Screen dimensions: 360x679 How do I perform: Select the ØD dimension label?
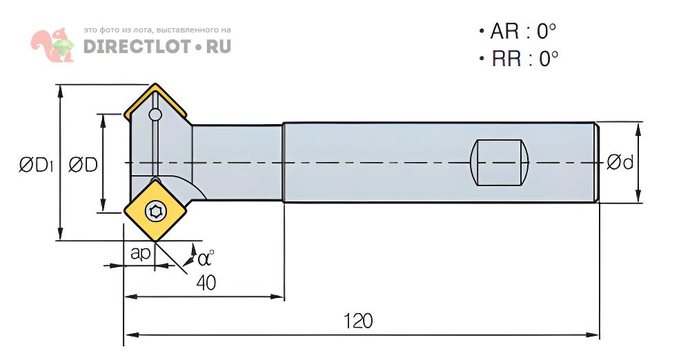click(x=82, y=164)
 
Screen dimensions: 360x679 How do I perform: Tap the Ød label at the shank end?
click(x=620, y=163)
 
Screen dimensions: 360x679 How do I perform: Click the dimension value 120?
click(x=358, y=321)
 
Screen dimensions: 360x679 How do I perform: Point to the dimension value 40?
click(x=206, y=281)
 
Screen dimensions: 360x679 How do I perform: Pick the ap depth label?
click(x=141, y=253)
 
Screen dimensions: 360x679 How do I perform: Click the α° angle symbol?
click(x=205, y=259)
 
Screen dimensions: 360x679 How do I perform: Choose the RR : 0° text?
click(x=518, y=59)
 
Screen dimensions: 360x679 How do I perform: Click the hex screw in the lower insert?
click(x=157, y=210)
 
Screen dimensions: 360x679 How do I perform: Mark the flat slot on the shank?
click(x=499, y=163)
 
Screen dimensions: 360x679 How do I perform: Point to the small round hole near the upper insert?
click(x=156, y=114)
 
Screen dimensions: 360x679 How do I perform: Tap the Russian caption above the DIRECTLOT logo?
click(x=157, y=30)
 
